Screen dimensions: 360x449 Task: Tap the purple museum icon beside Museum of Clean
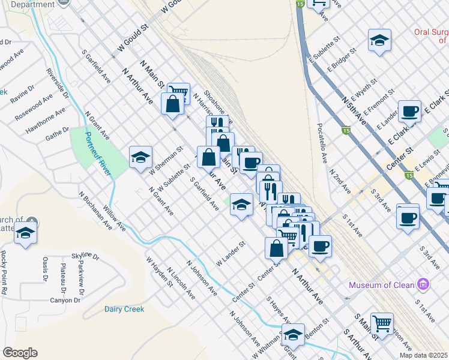coord(423,283)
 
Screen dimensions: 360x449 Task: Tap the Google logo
coord(20,353)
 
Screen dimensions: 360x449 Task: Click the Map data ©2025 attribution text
coord(424,355)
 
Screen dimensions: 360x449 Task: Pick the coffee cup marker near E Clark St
coord(410,111)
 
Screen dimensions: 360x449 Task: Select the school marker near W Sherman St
coord(140,157)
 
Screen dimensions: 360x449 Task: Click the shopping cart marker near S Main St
coord(382,323)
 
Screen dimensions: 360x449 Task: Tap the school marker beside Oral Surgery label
coord(379,40)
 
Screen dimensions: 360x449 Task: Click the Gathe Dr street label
coord(58,134)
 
